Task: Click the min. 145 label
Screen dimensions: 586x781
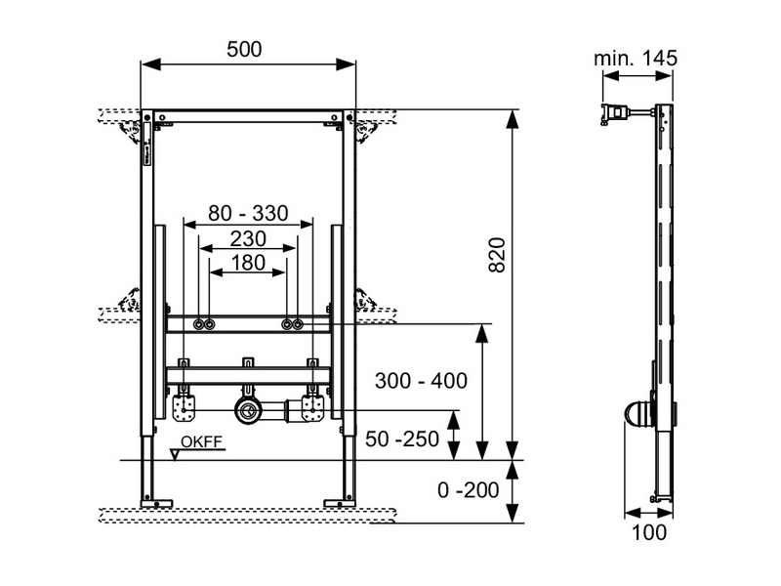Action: click(636, 59)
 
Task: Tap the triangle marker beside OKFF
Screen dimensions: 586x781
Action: click(176, 452)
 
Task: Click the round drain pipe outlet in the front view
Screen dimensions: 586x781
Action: click(251, 410)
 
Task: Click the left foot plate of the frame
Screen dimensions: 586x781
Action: click(156, 503)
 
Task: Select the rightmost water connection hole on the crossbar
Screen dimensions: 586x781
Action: click(299, 324)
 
